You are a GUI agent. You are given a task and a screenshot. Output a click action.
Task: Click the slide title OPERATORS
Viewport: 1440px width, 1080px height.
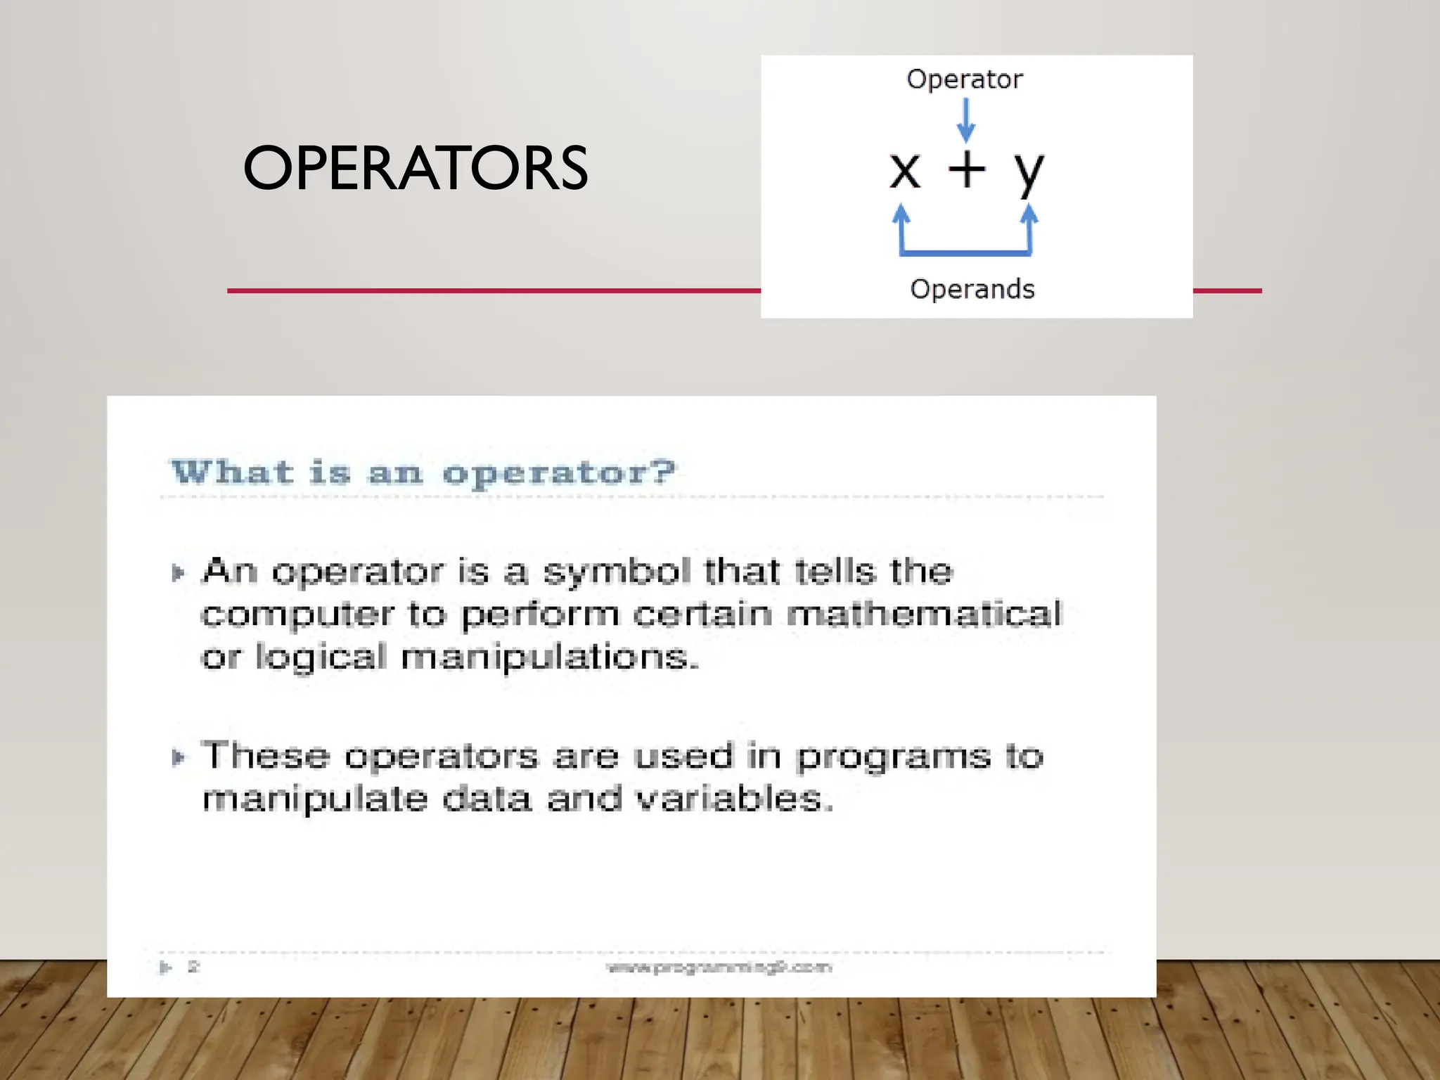415,168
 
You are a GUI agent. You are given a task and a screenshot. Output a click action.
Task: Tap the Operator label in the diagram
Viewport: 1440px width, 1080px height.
964,79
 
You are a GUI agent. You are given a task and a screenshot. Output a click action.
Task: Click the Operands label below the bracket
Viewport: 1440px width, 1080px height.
972,289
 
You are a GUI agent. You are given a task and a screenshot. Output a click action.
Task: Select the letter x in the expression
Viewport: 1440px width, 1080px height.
904,171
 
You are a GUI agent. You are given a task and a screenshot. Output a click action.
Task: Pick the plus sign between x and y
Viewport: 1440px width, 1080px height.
967,169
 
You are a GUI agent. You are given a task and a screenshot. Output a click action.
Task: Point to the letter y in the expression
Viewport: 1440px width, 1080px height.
1029,172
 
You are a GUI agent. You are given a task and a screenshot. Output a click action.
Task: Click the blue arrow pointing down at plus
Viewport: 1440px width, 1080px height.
966,120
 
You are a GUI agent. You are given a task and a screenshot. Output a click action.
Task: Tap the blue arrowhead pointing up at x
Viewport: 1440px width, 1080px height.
901,214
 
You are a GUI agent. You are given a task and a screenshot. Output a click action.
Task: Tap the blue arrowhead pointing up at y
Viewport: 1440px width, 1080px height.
1029,214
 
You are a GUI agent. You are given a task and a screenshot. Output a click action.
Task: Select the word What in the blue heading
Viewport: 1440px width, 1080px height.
232,472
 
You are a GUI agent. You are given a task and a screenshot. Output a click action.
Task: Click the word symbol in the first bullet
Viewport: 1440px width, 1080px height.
617,571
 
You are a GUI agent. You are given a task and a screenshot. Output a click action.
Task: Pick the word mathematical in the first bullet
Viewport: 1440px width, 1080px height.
924,614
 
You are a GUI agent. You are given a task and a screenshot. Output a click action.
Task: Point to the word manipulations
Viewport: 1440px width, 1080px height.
549,658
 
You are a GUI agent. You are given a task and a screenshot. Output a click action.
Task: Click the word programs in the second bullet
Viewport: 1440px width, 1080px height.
893,757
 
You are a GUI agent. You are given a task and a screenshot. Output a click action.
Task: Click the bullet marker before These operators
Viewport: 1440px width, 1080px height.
178,757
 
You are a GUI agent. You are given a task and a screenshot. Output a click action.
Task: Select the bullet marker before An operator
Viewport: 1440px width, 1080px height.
178,572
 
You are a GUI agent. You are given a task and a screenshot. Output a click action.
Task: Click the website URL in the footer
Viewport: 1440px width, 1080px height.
719,967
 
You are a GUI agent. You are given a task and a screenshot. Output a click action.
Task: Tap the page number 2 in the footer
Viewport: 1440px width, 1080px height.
193,967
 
